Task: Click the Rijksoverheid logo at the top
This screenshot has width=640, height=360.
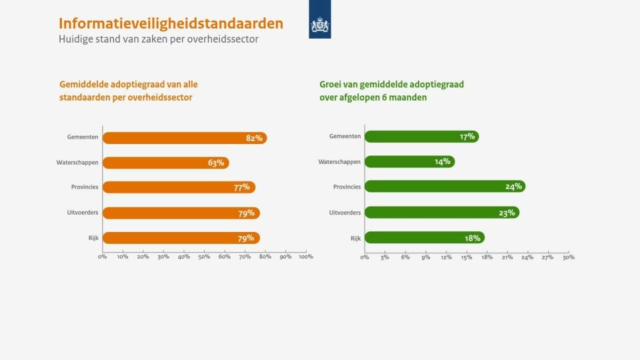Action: tap(320, 25)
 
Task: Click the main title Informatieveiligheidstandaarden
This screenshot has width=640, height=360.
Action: tap(171, 23)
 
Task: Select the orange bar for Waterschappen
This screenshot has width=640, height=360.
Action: tap(165, 163)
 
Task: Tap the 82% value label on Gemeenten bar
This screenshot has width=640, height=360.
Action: tap(254, 138)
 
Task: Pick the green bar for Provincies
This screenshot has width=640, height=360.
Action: tap(445, 187)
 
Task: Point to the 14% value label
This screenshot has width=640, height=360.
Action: tap(443, 161)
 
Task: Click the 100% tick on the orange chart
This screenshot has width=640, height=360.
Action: tap(305, 257)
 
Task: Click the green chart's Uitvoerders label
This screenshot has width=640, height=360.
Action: tap(345, 213)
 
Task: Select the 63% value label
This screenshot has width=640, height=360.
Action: tap(215, 163)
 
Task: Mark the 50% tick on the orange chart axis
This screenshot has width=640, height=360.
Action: tap(204, 257)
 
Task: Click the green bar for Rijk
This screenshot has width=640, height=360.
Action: tap(424, 238)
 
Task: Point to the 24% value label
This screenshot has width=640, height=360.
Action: tap(513, 187)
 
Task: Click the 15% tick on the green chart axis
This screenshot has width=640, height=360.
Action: tap(466, 257)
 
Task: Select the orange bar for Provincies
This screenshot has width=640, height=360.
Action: tap(179, 187)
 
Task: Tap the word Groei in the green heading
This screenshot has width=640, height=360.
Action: tap(331, 85)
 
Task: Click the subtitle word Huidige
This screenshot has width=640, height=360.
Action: tap(78, 39)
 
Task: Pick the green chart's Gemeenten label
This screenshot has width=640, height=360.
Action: tap(345, 136)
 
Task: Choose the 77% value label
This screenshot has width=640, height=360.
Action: tap(241, 187)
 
